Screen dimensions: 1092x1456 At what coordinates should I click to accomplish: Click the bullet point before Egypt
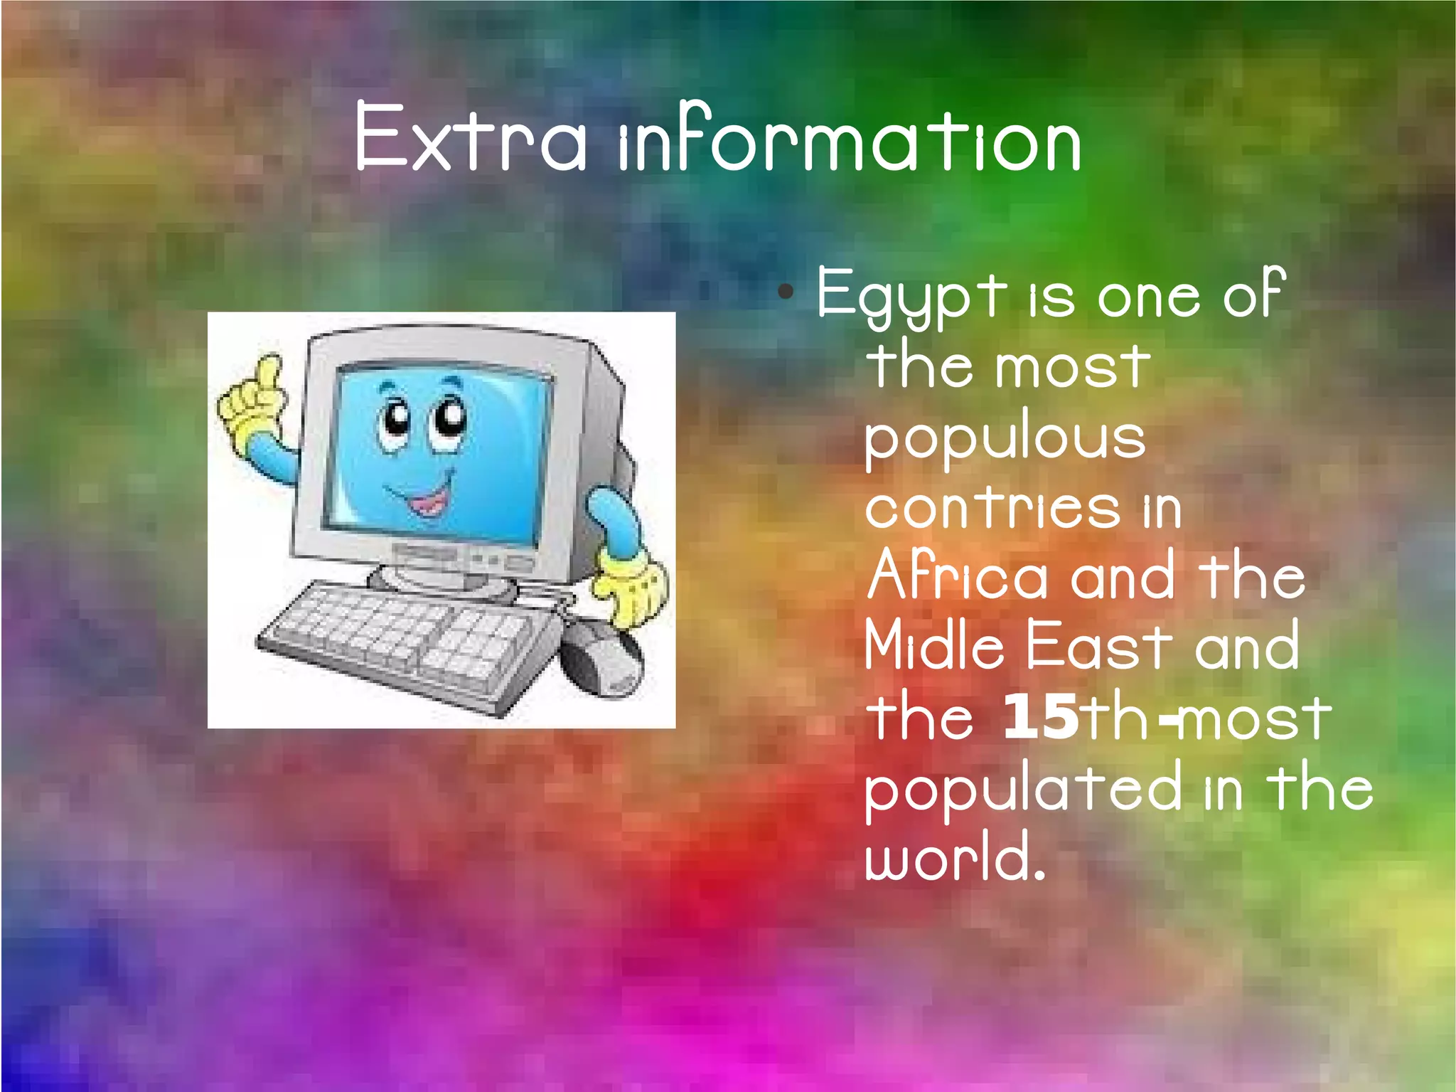pyautogui.click(x=785, y=291)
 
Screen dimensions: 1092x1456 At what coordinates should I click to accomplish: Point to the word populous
pyautogui.click(x=1005, y=438)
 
